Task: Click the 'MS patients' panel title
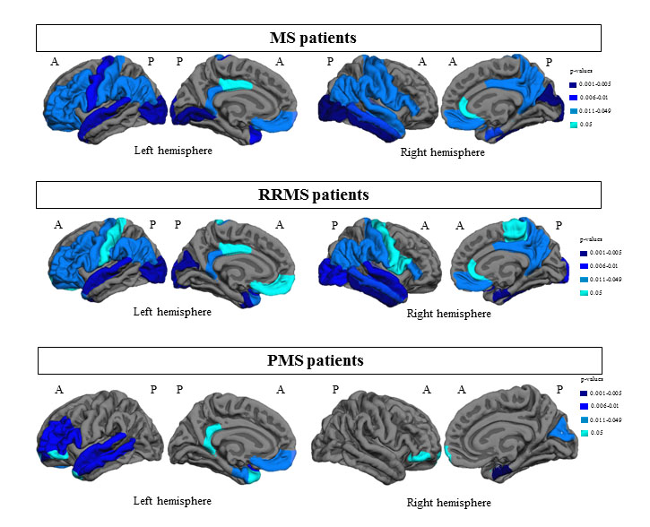pos(317,39)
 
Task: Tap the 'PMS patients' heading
pos(318,361)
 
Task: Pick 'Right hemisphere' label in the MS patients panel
pos(442,152)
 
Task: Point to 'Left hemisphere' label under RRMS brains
pos(172,312)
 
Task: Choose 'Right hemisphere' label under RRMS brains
pos(449,314)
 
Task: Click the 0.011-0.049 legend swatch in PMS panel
pos(574,420)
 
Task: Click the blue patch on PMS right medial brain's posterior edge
pos(567,433)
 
